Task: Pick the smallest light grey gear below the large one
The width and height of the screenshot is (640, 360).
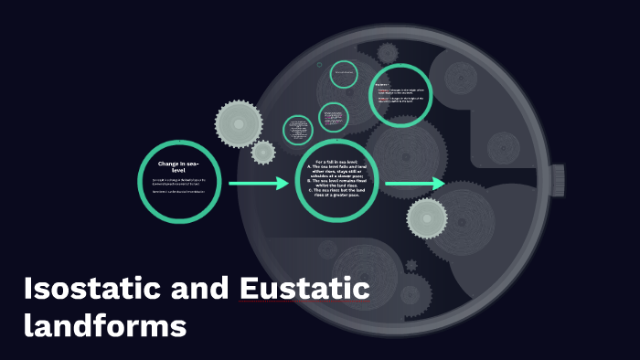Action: coord(263,152)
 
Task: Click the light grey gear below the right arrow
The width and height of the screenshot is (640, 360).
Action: coord(427,217)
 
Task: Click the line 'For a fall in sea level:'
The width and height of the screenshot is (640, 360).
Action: coord(338,162)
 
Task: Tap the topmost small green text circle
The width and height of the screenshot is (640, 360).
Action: coord(344,72)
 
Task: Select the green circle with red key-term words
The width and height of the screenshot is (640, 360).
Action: coord(400,94)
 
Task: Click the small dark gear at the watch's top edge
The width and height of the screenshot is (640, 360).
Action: coord(388,52)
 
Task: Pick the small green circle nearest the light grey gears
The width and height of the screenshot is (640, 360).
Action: coord(298,129)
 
